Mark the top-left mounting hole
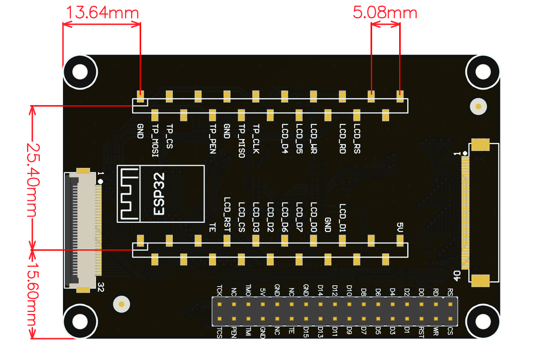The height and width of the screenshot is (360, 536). pos(80,72)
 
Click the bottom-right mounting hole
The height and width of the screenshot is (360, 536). pos(483,321)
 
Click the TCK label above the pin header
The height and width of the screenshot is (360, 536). pos(219,290)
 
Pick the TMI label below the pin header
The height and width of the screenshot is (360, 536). pos(248,332)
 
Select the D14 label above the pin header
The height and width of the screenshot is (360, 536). pos(320,290)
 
